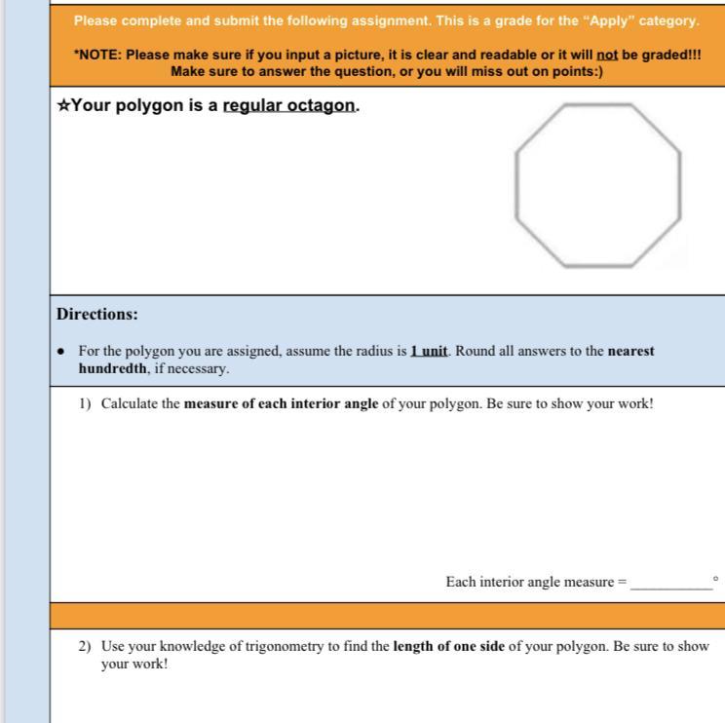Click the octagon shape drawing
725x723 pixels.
point(516,185)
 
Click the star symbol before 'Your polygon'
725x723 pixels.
point(63,105)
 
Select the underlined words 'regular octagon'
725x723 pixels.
point(289,106)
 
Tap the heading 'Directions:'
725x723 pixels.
point(97,314)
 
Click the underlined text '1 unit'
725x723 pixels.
point(429,351)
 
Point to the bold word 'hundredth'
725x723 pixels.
point(113,368)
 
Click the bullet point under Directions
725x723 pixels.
point(60,352)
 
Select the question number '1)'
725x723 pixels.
point(85,403)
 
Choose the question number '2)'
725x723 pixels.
point(85,646)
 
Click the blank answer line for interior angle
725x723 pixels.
point(671,590)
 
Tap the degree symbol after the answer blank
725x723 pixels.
point(716,579)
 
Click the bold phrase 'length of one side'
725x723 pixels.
point(448,646)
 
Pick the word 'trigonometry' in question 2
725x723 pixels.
point(285,646)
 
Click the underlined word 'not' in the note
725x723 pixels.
point(607,55)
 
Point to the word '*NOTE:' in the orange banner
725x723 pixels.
point(98,55)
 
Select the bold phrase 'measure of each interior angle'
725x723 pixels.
point(281,403)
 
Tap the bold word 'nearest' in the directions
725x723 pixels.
point(630,351)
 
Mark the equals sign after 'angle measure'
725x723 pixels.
point(622,582)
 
